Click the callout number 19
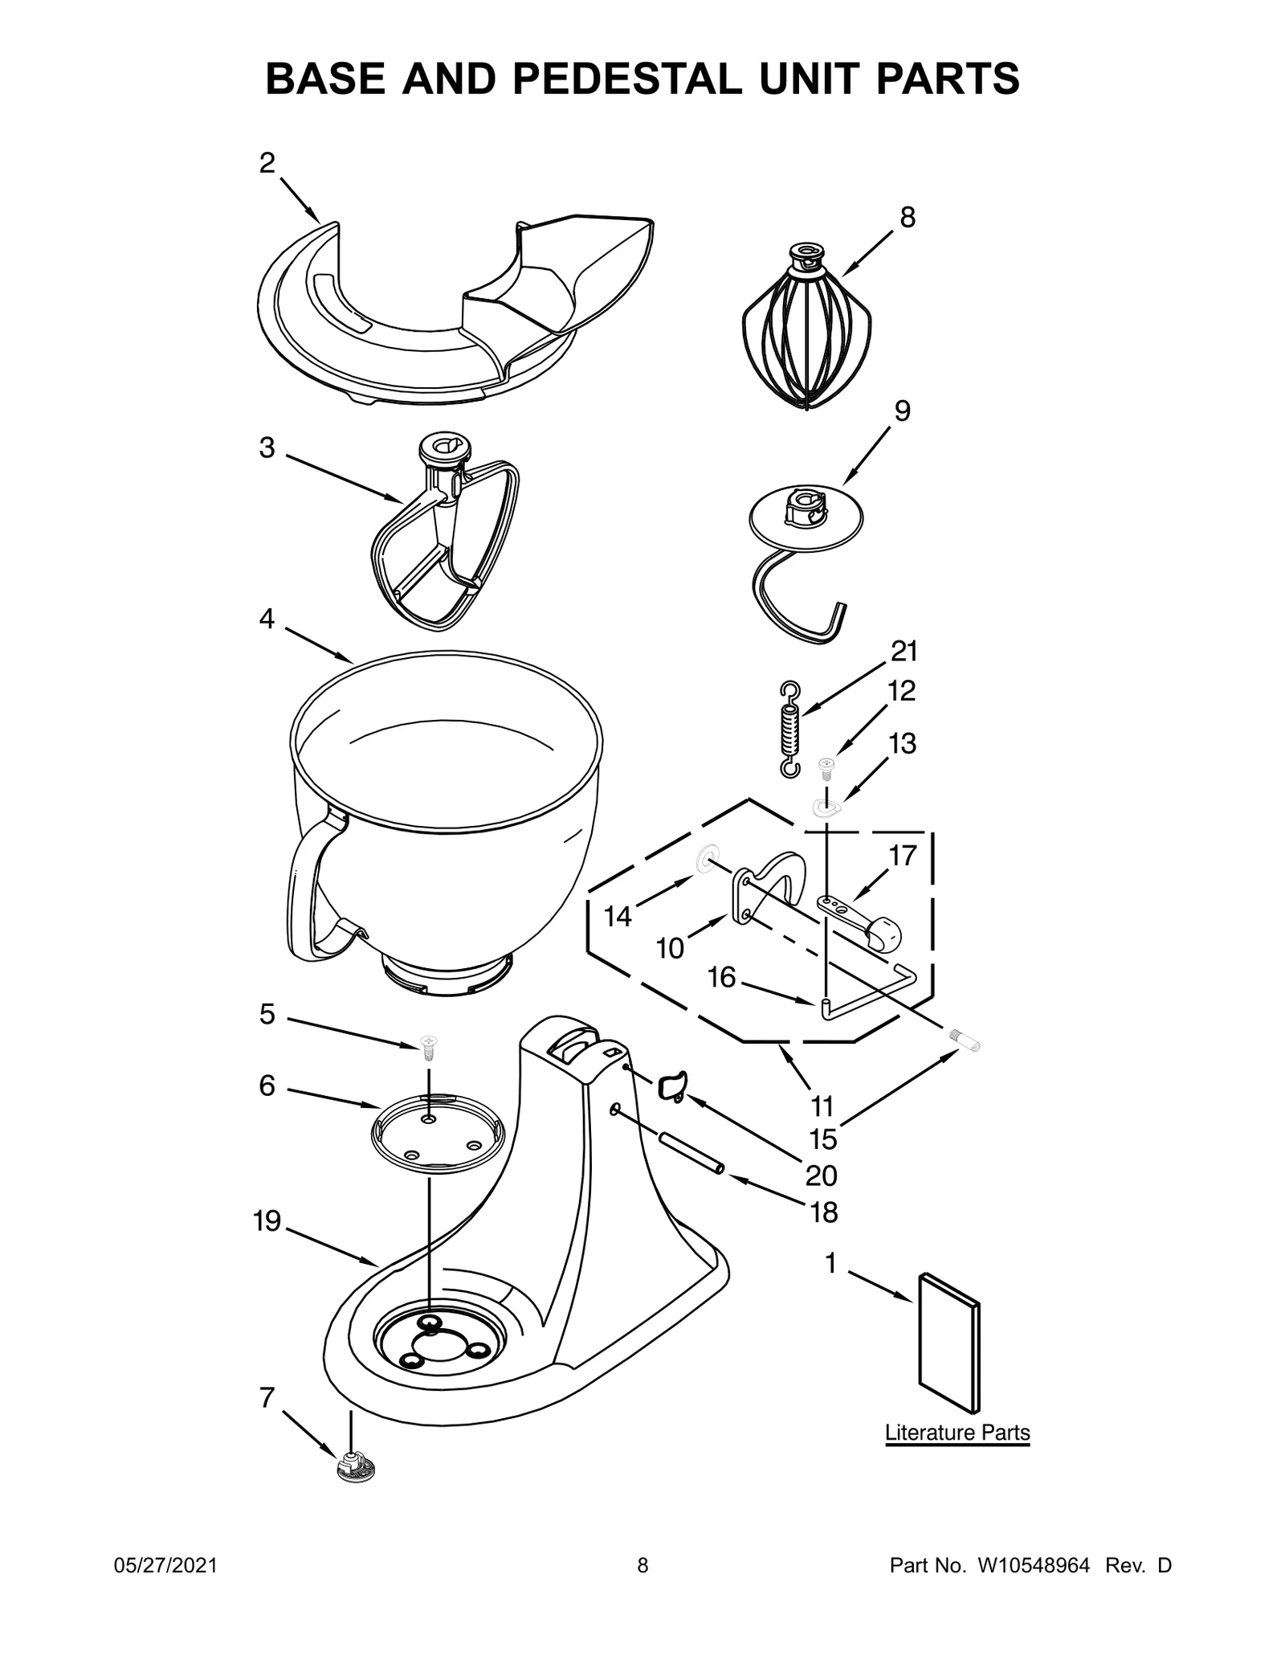267,1222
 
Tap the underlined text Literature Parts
957,1432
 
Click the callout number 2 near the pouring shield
267,163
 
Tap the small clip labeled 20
671,1086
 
